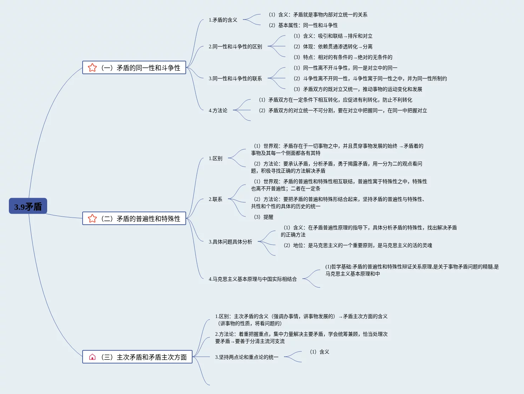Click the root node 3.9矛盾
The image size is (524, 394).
(28, 206)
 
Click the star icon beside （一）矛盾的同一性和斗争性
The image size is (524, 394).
(92, 67)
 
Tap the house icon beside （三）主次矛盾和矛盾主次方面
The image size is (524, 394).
(92, 357)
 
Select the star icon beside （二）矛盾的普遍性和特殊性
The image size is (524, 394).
(92, 218)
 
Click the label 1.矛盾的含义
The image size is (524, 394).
(223, 20)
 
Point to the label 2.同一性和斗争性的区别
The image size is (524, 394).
(235, 46)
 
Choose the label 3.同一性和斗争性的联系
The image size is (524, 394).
(235, 78)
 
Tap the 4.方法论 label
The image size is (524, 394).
(218, 110)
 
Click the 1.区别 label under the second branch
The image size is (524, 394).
(216, 158)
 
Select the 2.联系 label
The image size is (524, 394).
(216, 199)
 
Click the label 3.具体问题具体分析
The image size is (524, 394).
(230, 242)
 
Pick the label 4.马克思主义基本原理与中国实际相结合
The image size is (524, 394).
(253, 279)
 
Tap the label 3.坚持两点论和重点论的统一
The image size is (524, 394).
(247, 357)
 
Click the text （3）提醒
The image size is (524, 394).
(264, 217)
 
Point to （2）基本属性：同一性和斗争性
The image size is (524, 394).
(303, 25)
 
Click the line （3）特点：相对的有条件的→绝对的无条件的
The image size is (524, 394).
(343, 57)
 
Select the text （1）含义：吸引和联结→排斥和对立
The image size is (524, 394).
(333, 36)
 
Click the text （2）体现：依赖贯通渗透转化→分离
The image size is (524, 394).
(333, 46)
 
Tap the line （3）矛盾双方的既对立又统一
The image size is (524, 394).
(358, 89)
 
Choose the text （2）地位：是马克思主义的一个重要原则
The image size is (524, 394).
(358, 245)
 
